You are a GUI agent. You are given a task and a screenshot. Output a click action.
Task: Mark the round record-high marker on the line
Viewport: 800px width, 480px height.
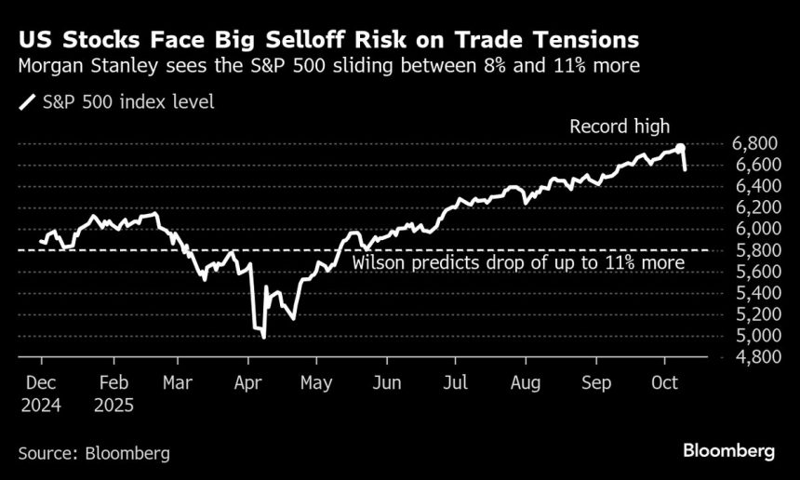681,148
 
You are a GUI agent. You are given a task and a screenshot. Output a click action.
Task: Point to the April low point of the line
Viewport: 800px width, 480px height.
264,337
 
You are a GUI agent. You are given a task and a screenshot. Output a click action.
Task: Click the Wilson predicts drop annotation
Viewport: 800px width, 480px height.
518,263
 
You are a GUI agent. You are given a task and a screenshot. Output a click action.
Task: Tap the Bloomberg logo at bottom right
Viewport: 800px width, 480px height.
728,451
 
